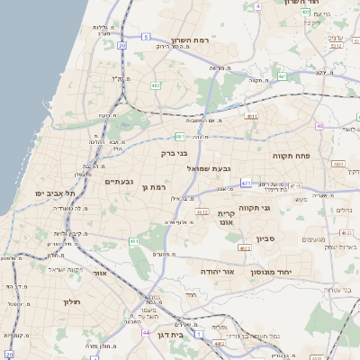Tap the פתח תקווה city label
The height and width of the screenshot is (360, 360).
click(291, 156)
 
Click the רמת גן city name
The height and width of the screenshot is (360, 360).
click(156, 186)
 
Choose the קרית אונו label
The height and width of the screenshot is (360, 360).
click(226, 218)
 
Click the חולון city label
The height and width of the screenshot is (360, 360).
click(72, 301)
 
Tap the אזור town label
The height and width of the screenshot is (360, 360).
click(99, 272)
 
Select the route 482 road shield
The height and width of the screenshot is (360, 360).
click(157, 85)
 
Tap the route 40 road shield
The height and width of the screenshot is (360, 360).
click(345, 126)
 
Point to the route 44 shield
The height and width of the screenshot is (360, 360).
click(146, 331)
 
